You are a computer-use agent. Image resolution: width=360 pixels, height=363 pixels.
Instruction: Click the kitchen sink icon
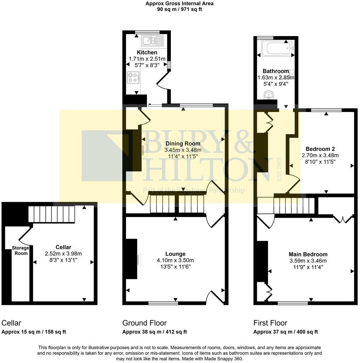(152, 41)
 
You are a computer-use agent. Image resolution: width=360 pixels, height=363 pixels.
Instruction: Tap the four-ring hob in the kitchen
(133, 77)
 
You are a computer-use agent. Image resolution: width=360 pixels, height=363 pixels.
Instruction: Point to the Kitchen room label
(147, 52)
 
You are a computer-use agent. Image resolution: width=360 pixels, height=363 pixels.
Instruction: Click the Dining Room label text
(182, 144)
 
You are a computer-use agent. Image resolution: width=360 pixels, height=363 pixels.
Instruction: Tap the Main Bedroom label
(308, 254)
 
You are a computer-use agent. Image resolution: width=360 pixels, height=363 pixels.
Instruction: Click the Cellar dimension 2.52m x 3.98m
(63, 253)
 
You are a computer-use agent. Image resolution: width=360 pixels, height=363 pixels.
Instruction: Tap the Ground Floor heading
(144, 323)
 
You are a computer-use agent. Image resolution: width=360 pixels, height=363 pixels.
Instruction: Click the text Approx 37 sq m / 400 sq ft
(286, 332)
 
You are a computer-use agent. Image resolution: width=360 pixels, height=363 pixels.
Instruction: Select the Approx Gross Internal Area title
(180, 4)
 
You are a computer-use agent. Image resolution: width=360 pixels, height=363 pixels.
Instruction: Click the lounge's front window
(163, 303)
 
